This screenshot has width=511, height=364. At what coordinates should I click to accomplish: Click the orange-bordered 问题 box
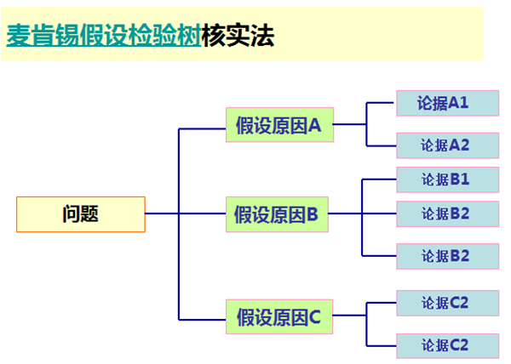pos(81,214)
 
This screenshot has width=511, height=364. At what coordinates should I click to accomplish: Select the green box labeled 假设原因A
pos(279,124)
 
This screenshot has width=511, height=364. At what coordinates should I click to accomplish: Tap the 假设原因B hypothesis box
pos(277,214)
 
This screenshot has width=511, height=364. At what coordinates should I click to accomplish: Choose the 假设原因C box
pos(279,316)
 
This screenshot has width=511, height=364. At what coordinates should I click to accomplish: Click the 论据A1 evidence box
pos(447,103)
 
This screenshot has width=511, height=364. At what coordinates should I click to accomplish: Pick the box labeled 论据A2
pos(447,145)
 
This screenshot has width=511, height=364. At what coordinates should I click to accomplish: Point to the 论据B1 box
pos(447,179)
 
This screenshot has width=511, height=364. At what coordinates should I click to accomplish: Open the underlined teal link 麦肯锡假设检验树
pos(104,35)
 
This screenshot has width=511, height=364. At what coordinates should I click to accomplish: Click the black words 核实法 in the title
pos(238,35)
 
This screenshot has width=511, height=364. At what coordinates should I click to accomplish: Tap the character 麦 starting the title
pos(19,35)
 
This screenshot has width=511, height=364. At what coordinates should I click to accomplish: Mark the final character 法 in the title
pos(262,35)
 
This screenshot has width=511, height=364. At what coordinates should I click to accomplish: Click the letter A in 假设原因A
pos(314,125)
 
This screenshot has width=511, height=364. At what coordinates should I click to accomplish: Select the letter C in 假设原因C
pos(314,317)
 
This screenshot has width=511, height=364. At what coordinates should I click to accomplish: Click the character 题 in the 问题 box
pos(89,213)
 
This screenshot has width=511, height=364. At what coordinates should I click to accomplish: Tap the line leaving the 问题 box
pos(162,213)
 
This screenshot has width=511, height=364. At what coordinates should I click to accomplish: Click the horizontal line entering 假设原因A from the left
pos(202,128)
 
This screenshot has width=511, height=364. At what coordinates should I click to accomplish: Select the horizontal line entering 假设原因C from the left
pos(202,320)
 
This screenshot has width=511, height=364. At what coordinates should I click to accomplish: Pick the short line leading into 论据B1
pos(379,179)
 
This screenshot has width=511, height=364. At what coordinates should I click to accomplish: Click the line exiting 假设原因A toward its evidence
pos(350,124)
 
